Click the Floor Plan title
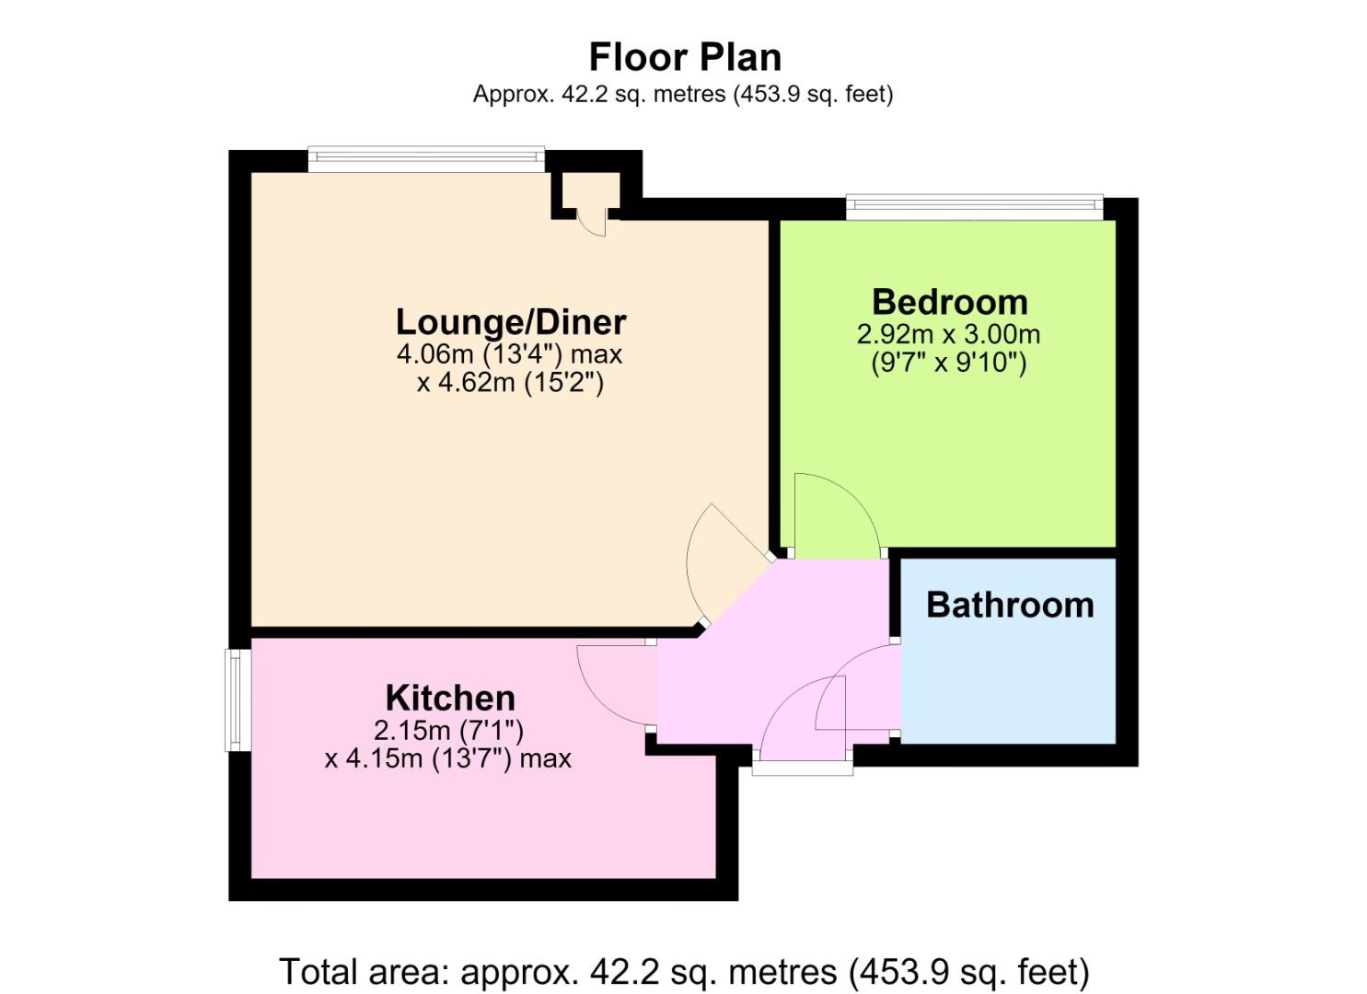click(x=685, y=57)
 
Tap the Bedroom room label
click(x=950, y=302)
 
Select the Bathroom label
click(x=1010, y=605)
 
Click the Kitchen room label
click(x=450, y=698)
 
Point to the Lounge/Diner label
click(x=511, y=322)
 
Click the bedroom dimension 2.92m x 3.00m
click(x=948, y=334)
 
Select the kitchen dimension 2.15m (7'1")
click(x=448, y=730)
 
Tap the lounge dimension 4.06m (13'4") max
click(x=509, y=354)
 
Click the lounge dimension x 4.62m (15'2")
click(x=510, y=383)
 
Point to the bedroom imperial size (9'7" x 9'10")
click(x=948, y=363)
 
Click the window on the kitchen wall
click(x=237, y=699)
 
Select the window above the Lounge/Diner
click(x=426, y=158)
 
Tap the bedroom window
click(x=975, y=207)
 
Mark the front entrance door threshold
click(x=802, y=768)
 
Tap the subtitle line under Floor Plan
click(x=683, y=94)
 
